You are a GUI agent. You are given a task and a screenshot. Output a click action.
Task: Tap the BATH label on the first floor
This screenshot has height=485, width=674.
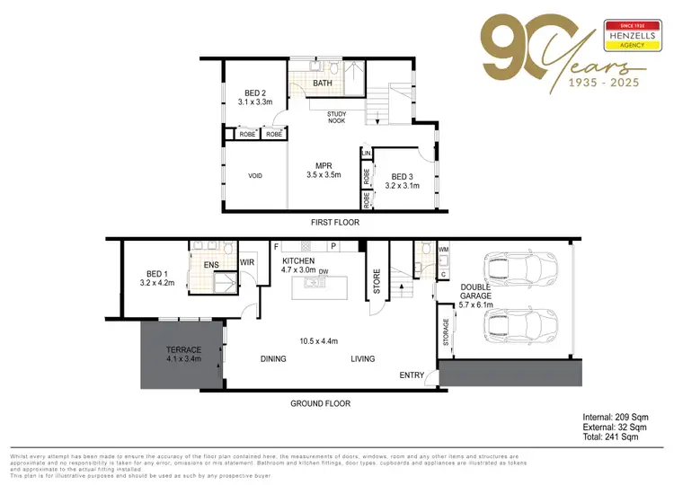tap(321, 84)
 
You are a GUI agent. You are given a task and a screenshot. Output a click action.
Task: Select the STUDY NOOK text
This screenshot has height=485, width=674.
tap(337, 117)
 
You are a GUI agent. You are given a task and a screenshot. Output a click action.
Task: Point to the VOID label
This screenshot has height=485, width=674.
tap(254, 176)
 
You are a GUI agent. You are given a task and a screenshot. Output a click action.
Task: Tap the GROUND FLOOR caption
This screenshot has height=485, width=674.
tap(320, 403)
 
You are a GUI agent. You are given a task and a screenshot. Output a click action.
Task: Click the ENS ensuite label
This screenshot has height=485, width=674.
tap(211, 265)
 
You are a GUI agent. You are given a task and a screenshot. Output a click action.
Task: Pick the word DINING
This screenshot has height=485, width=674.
tap(273, 359)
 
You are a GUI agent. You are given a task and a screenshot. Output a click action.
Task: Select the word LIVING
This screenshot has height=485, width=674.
tap(363, 359)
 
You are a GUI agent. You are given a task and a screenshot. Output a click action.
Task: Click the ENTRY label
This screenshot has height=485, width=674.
tap(412, 375)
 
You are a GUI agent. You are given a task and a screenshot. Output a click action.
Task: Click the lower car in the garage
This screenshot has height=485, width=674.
tap(519, 327)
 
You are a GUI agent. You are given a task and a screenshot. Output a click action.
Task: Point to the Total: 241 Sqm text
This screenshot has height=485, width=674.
tap(610, 437)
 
